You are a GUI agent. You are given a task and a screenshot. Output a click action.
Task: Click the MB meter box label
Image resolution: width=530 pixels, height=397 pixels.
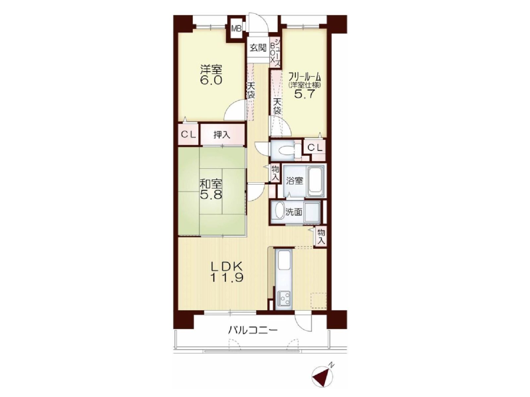click(x=236, y=29)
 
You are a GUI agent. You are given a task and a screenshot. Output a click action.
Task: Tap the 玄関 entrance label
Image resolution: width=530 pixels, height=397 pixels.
click(x=258, y=48)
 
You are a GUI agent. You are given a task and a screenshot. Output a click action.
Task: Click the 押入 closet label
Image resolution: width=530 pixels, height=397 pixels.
click(x=222, y=134)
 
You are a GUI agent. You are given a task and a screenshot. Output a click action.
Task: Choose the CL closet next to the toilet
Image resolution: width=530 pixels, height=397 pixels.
click(x=315, y=148)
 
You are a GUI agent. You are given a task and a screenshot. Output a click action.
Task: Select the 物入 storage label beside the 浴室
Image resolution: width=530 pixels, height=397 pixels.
click(x=274, y=173)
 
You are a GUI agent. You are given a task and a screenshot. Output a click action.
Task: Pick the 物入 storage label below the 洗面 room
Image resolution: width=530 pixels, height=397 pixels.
click(x=321, y=236)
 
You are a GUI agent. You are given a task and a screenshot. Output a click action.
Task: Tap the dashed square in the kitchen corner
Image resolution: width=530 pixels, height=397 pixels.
click(x=318, y=300)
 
